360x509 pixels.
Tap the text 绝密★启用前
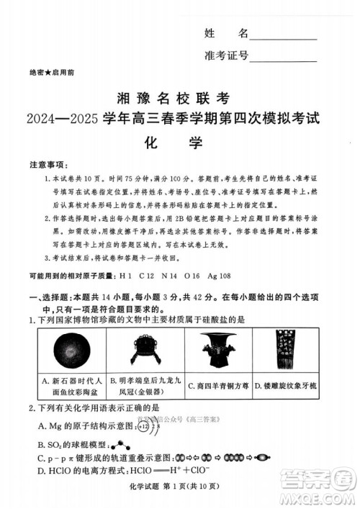51,73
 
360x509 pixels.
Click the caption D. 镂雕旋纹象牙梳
296,385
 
